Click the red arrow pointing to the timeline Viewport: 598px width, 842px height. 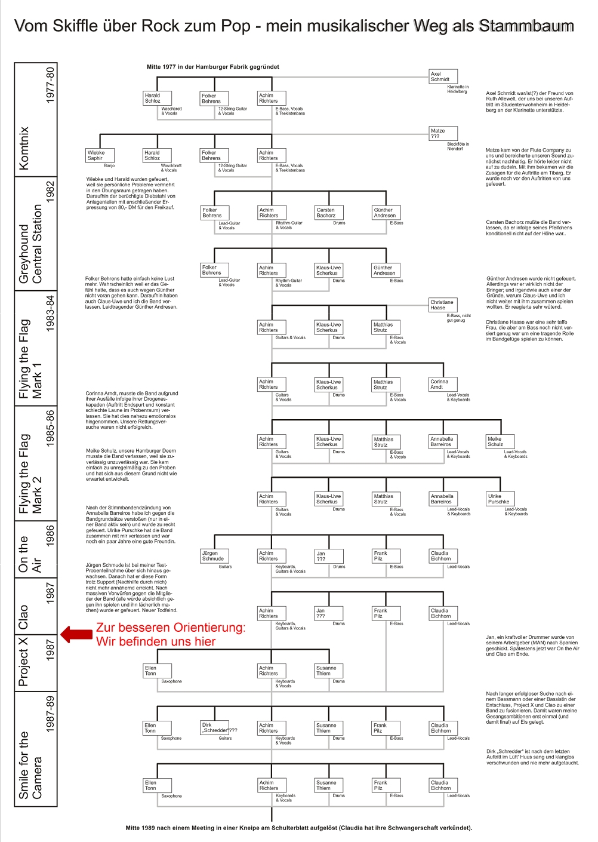point(76,634)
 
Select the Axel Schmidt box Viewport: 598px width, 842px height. point(443,76)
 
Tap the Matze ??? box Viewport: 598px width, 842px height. point(443,133)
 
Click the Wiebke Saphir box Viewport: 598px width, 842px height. point(100,155)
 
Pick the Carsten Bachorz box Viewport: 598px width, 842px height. point(329,213)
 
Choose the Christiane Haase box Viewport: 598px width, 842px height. point(443,305)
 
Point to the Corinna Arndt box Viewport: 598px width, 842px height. point(443,384)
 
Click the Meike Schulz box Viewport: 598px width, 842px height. point(500,441)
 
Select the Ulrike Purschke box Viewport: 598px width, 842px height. point(500,499)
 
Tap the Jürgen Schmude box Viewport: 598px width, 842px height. point(214,556)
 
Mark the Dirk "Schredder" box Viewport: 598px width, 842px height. point(214,727)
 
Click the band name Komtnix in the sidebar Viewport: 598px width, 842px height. point(24,147)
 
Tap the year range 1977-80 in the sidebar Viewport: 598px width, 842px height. point(50,85)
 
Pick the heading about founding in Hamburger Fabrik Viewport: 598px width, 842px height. point(213,67)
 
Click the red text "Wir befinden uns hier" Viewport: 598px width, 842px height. point(156,641)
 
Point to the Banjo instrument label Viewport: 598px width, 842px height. point(109,165)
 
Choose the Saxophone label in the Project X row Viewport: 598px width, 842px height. point(171,681)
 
